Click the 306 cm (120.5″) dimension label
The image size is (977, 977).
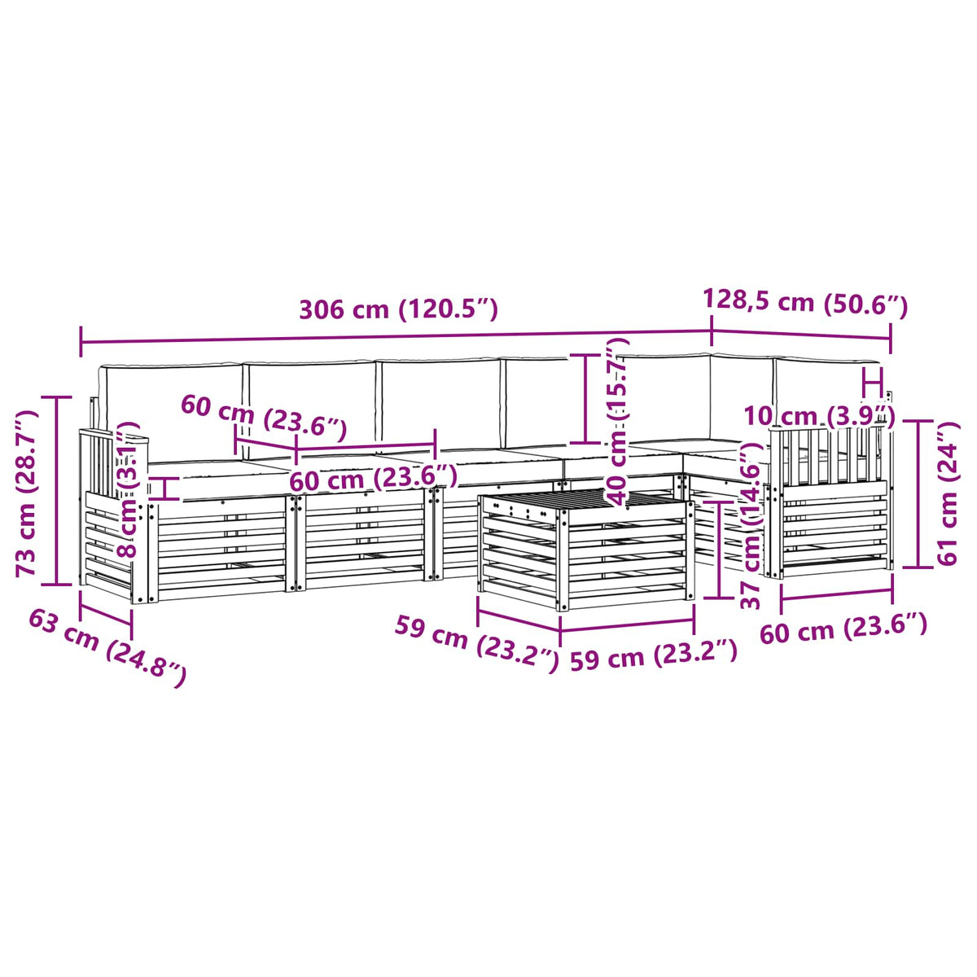pyautogui.click(x=398, y=309)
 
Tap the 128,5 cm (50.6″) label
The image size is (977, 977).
pyautogui.click(x=804, y=303)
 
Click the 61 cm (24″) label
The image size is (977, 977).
pyautogui.click(x=947, y=493)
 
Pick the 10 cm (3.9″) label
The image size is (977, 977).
pyautogui.click(x=819, y=415)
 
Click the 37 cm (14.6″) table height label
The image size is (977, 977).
pyautogui.click(x=752, y=525)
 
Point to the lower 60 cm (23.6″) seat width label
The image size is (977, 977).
pyautogui.click(x=373, y=478)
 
